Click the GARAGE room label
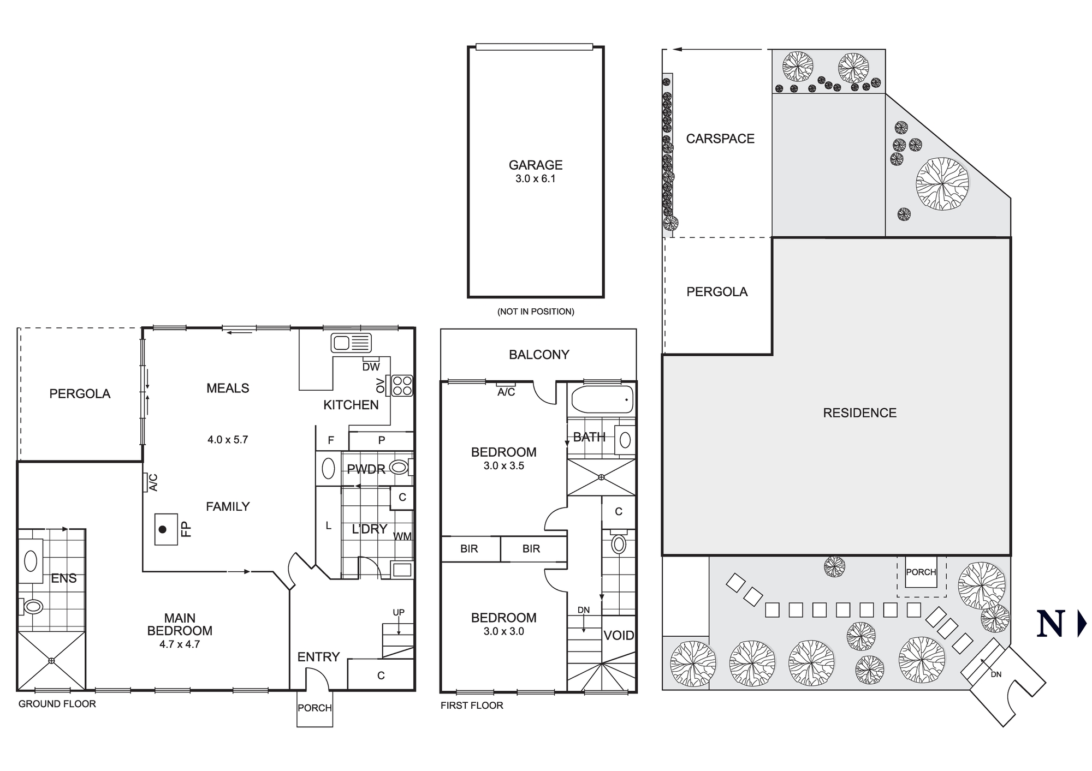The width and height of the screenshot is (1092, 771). click(x=535, y=165)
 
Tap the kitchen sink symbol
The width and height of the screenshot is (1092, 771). click(x=351, y=343)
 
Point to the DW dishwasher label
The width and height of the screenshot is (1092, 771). click(x=371, y=367)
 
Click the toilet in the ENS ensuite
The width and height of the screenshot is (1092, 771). click(x=33, y=606)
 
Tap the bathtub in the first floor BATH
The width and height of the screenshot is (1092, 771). click(x=602, y=399)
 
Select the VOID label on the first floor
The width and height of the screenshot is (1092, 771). click(x=619, y=635)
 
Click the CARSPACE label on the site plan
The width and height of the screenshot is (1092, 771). click(x=720, y=139)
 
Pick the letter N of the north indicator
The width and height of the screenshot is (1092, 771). click(x=1051, y=623)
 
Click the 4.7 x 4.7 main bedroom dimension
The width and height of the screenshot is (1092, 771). click(x=180, y=644)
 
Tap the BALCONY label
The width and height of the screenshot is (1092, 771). click(x=539, y=355)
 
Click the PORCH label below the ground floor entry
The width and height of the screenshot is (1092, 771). click(x=314, y=708)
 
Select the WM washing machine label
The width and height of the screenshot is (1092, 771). click(x=402, y=536)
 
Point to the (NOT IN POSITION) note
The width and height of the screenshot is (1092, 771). click(x=536, y=312)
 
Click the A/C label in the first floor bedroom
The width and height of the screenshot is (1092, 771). click(x=506, y=392)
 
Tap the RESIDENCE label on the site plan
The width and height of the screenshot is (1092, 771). click(x=859, y=413)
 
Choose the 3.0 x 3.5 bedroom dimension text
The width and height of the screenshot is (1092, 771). click(x=503, y=466)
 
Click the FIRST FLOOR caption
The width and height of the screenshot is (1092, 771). click(x=472, y=706)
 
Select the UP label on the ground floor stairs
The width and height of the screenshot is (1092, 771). click(x=399, y=612)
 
